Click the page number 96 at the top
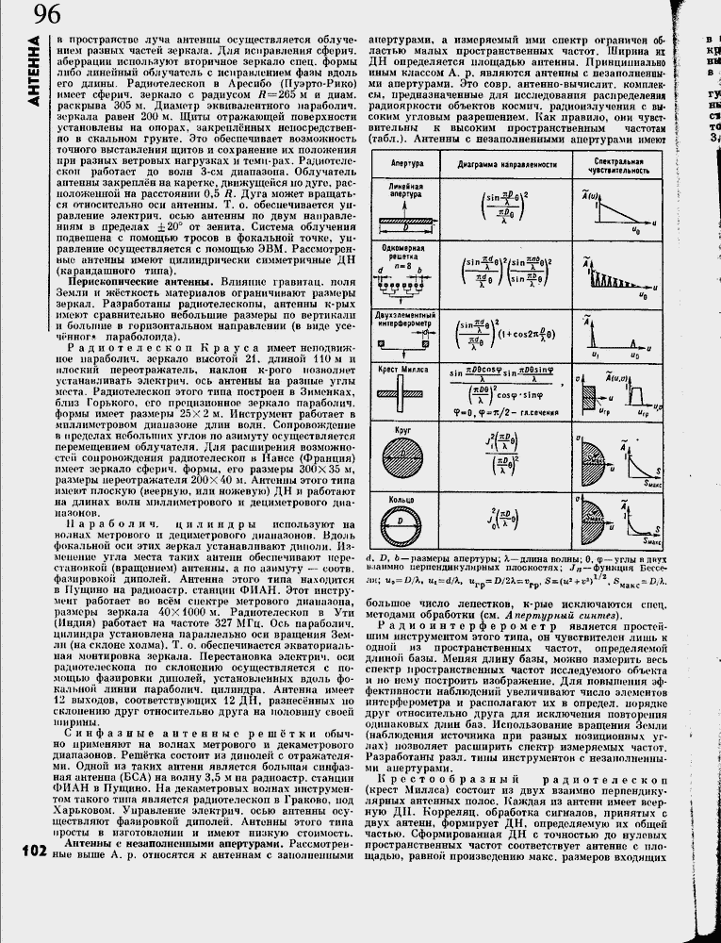point(48,14)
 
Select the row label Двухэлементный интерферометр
point(397,316)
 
